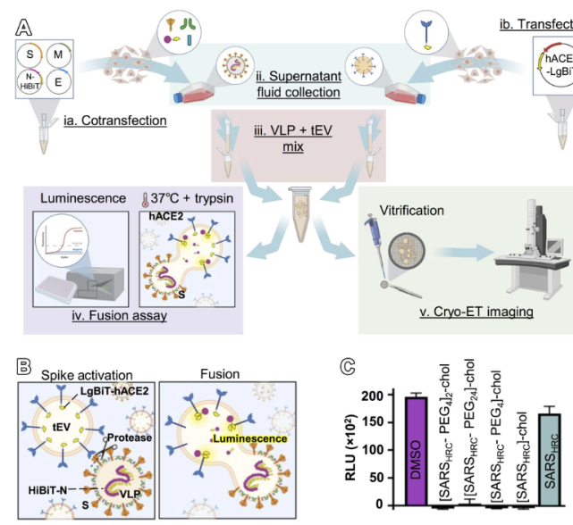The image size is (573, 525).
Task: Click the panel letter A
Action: [x=24, y=28]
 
